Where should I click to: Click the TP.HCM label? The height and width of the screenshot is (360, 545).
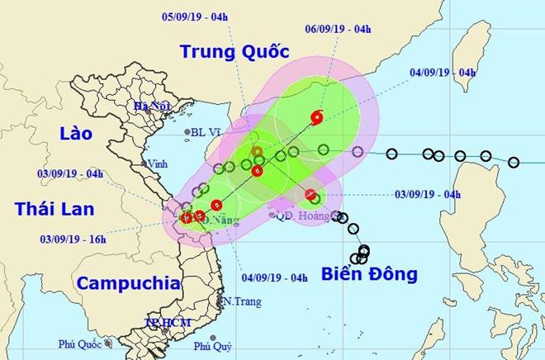pyautogui.click(x=163, y=321)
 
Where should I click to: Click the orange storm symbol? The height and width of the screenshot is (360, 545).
pyautogui.click(x=258, y=151)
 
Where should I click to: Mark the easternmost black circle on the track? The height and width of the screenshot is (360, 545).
pyautogui.click(x=514, y=162)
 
